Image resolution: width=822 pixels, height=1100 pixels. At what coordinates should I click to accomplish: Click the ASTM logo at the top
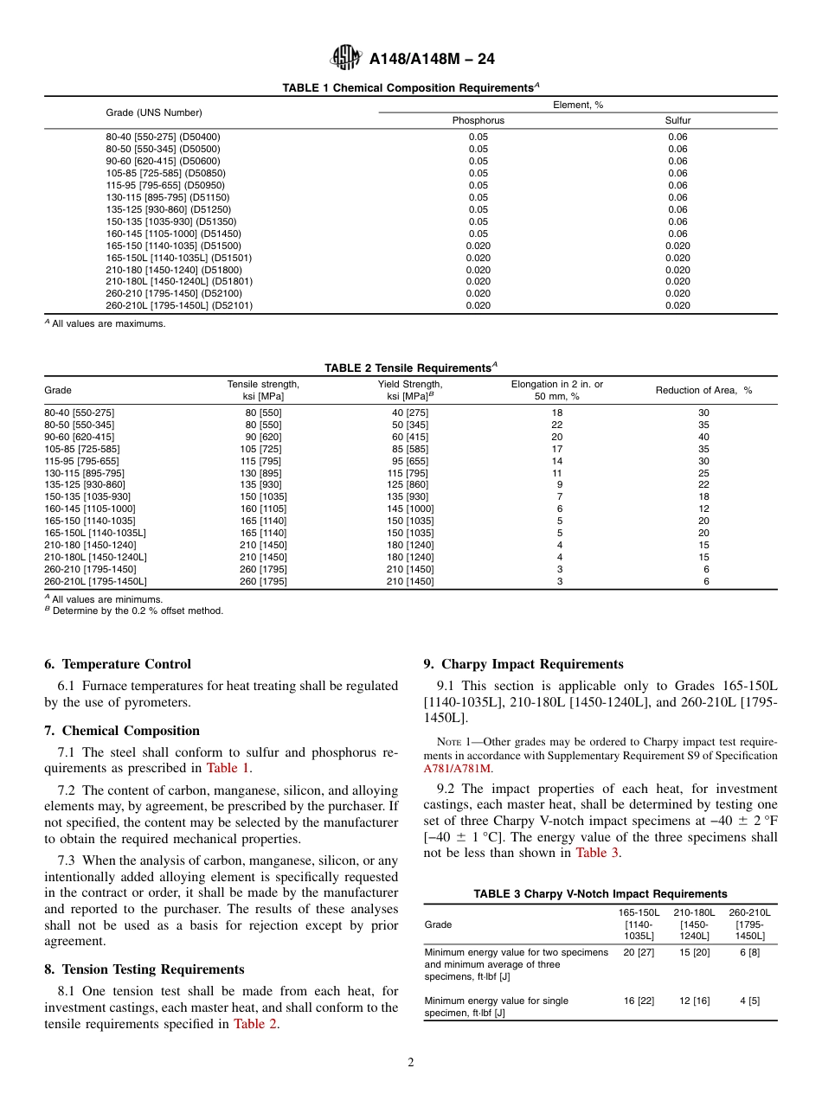pyautogui.click(x=347, y=59)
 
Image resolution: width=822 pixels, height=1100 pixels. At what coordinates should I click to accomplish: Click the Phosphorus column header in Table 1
pyautogui.click(x=478, y=121)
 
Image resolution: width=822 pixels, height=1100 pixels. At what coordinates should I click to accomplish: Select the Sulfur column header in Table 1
pyautogui.click(x=678, y=121)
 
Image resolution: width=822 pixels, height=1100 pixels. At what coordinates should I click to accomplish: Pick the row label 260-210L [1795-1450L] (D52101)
pyautogui.click(x=179, y=305)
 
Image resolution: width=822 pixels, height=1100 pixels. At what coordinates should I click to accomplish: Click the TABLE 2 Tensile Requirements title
pyautogui.click(x=410, y=368)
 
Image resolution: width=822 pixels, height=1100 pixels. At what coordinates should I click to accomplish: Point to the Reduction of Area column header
pyautogui.click(x=703, y=390)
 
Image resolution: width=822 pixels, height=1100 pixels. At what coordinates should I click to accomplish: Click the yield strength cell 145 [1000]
pyautogui.click(x=410, y=509)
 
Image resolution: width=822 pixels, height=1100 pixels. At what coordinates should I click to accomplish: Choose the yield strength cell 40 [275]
pyautogui.click(x=410, y=412)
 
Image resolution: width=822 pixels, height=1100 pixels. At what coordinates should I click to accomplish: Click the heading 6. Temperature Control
pyautogui.click(x=118, y=664)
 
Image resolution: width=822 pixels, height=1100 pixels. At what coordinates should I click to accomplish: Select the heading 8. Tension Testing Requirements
pyautogui.click(x=144, y=969)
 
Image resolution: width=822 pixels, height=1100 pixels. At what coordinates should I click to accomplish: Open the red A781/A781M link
pyautogui.click(x=457, y=768)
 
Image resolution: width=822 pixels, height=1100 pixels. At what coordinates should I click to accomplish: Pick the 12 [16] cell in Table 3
pyautogui.click(x=694, y=1001)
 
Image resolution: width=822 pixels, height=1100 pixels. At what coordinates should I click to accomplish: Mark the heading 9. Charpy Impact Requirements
pyautogui.click(x=523, y=664)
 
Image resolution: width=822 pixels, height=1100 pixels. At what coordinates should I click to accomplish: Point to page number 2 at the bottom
pyautogui.click(x=410, y=1063)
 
